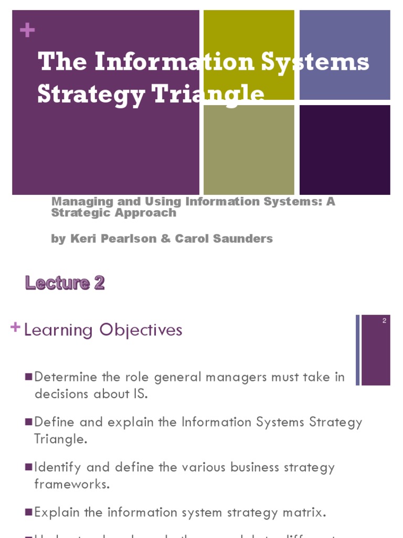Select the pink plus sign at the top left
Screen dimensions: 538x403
tap(27, 30)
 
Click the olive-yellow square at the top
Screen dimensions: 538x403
tap(249, 55)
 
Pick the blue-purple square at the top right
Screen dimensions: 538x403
tap(345, 55)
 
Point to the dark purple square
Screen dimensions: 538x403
tap(345, 150)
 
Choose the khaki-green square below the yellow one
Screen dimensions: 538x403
tap(249, 150)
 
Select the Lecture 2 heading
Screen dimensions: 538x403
tap(65, 283)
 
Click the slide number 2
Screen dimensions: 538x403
tap(384, 321)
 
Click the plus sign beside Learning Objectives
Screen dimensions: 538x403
tap(16, 328)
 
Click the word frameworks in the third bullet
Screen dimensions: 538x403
tap(72, 484)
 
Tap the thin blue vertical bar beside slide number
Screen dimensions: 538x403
tap(358, 350)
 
